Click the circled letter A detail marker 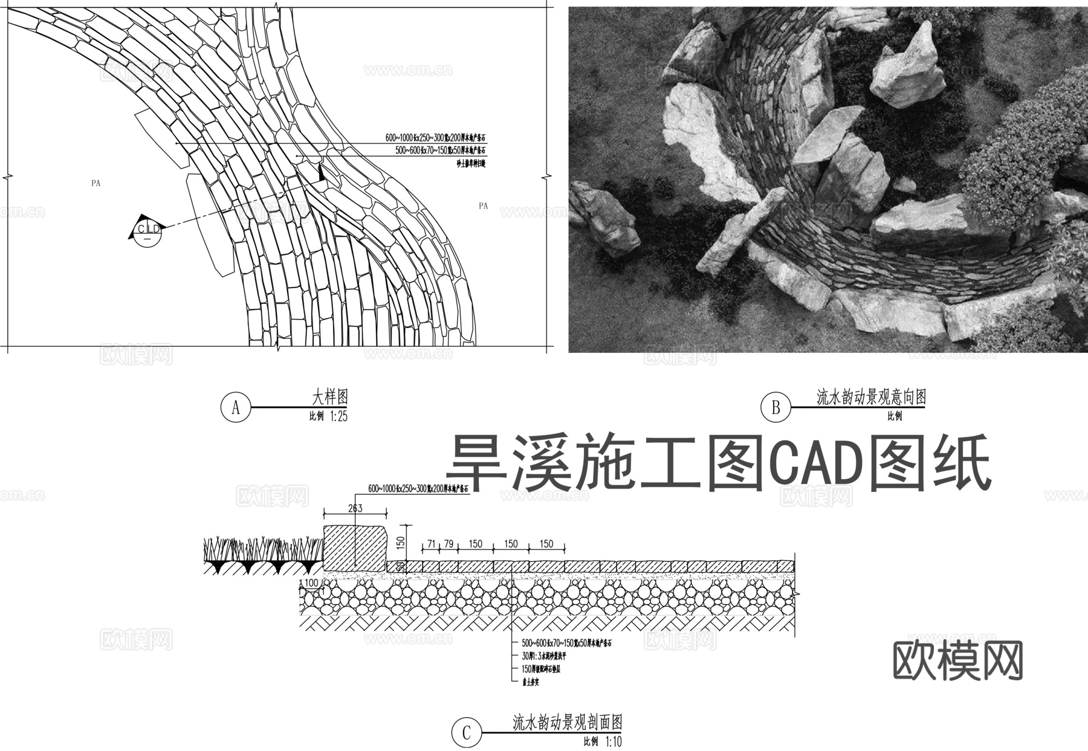pos(236,408)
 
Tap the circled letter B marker pos(776,408)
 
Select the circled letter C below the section pos(466,733)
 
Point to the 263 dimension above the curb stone pos(355,508)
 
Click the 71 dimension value pos(431,544)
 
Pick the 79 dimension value pos(448,544)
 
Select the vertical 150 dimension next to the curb pos(400,543)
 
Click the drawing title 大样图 pos(329,397)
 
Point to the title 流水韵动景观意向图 pos(871,397)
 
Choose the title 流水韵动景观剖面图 pos(567,722)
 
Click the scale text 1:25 pos(338,416)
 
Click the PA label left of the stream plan pos(96,184)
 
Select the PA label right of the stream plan pos(483,206)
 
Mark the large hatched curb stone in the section pos(355,547)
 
